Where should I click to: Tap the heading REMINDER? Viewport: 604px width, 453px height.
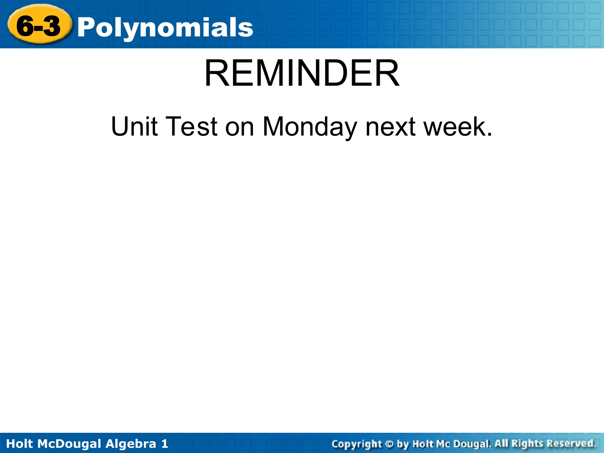click(x=302, y=74)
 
